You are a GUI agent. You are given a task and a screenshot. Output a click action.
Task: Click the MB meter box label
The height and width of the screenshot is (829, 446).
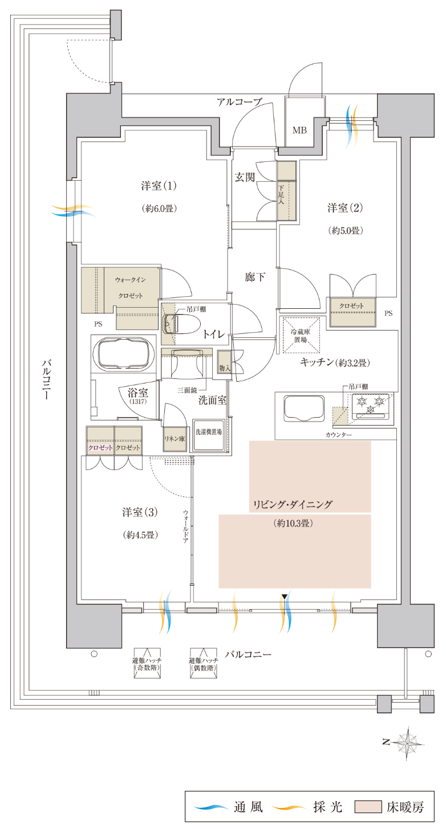tap(299, 130)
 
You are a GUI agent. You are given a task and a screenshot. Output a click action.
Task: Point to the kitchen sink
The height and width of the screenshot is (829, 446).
tap(304, 408)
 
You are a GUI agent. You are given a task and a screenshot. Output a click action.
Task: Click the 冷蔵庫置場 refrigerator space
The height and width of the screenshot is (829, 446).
tap(301, 335)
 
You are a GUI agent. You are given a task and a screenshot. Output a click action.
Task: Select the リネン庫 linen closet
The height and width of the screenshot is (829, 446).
tap(175, 439)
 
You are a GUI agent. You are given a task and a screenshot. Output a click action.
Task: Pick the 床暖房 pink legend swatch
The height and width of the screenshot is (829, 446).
tap(368, 807)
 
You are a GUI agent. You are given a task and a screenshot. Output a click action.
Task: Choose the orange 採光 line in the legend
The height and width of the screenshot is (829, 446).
tap(289, 806)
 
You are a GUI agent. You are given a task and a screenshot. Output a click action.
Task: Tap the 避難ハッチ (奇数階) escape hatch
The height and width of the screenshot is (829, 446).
tap(147, 664)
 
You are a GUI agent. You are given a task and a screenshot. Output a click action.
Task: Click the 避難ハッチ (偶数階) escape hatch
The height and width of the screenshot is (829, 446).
tap(204, 664)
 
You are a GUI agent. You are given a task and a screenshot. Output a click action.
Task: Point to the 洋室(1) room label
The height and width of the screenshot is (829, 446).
tap(159, 185)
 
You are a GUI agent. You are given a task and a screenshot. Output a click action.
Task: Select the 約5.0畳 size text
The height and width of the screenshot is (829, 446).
tap(346, 231)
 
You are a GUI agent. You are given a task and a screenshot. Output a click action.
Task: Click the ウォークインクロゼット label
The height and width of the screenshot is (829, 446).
tap(131, 288)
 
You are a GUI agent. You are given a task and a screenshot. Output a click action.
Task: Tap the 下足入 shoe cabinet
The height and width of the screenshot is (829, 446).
tap(287, 191)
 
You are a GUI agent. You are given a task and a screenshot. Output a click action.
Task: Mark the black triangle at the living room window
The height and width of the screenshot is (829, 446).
tap(284, 596)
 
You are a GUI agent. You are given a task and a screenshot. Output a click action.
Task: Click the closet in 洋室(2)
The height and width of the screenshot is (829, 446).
tap(352, 312)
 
